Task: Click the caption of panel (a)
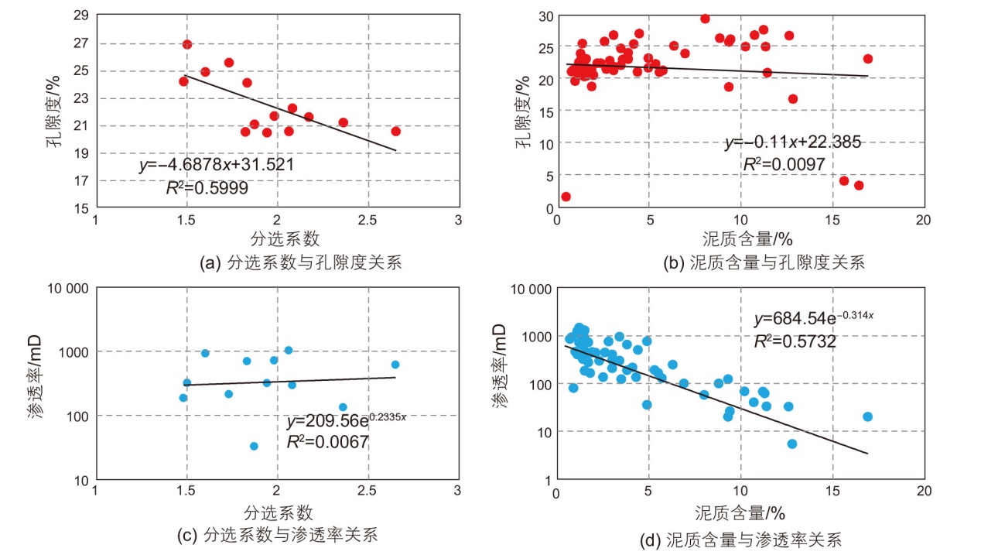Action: pos(301,263)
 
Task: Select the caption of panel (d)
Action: pos(753,539)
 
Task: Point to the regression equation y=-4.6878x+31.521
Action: pos(217,165)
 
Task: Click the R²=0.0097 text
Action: pos(784,164)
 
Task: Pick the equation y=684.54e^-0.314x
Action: pos(813,319)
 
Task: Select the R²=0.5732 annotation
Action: pos(795,341)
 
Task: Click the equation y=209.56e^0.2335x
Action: pos(346,421)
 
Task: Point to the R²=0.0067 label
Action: pos(327,442)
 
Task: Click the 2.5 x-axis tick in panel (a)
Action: pos(367,219)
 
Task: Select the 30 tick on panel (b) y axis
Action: pos(545,16)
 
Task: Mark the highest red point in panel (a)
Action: pos(187,44)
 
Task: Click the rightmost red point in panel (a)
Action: pos(395,131)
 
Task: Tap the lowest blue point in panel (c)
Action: pos(254,446)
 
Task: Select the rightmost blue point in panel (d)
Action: pos(867,416)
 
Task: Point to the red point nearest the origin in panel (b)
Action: pos(566,197)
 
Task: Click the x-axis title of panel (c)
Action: pos(278,512)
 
